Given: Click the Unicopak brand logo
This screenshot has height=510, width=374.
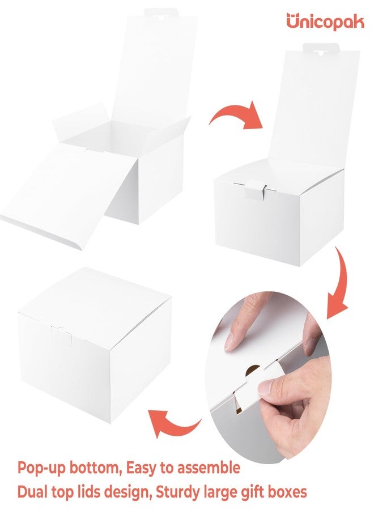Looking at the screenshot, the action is coord(325,22).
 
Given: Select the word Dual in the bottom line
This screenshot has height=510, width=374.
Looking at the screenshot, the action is coord(33,492).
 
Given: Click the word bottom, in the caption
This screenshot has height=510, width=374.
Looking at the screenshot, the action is coord(96,468).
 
